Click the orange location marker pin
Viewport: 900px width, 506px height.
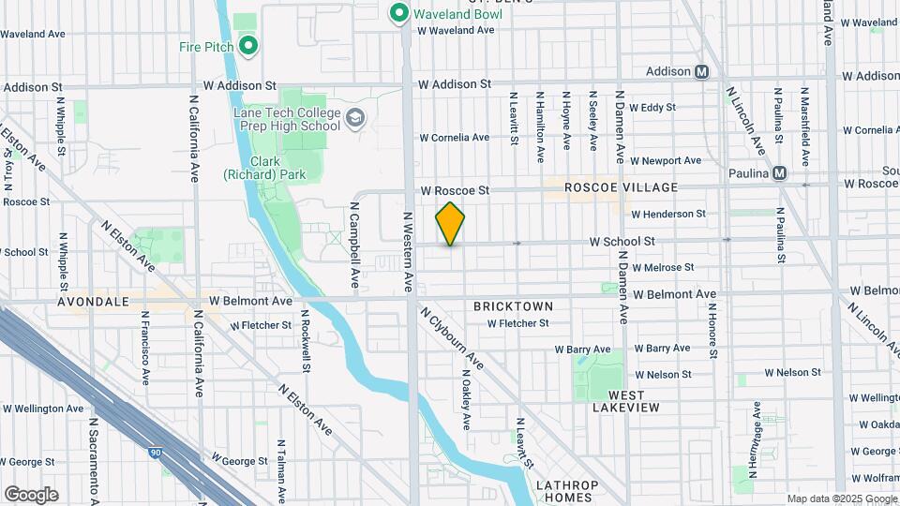pos(451,223)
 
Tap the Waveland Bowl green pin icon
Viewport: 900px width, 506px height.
pos(397,12)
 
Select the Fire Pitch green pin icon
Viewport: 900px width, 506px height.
pos(248,44)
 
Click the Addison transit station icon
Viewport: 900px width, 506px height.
pos(701,71)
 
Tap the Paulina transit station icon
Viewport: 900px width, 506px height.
pos(779,172)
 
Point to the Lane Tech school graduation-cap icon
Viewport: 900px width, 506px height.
pos(354,118)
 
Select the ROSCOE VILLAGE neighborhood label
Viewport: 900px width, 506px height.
pos(607,188)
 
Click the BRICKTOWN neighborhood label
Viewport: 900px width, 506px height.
pos(513,306)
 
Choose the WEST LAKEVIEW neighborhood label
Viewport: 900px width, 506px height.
pos(625,400)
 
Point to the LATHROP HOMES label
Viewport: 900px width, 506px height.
pos(566,492)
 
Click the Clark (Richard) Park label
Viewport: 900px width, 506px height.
pos(252,167)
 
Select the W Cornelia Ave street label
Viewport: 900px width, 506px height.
pos(454,138)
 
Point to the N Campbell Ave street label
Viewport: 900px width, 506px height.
pos(355,245)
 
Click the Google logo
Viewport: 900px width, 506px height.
pos(31,495)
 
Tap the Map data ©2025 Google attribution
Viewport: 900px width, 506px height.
pos(841,499)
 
